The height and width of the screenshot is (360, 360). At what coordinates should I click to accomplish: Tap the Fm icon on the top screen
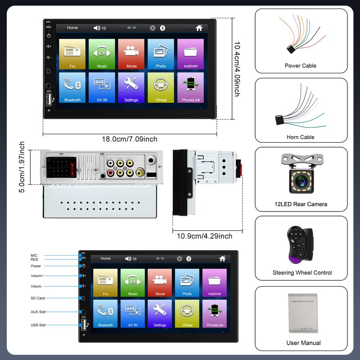tap(72, 54)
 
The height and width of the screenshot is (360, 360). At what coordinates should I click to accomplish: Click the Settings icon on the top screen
tap(131, 87)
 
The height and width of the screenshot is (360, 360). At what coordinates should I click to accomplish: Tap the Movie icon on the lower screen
tap(160, 283)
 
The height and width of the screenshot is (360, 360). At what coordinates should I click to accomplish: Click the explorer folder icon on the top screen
tap(191, 54)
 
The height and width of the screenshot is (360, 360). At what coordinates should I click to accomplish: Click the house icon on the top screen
tap(199, 28)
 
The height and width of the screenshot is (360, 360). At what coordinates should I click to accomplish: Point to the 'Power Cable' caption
tap(301, 66)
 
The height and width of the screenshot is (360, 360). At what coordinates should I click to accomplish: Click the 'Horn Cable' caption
tap(301, 137)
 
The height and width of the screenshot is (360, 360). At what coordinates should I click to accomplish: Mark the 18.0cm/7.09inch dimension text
tap(130, 139)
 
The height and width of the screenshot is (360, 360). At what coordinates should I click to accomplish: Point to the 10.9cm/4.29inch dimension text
tap(204, 236)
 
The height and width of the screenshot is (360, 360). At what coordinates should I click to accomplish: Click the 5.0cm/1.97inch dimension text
tap(22, 167)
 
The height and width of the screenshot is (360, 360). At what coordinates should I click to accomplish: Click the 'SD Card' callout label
tap(37, 298)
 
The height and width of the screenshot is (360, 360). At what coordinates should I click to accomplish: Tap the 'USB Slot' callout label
tap(38, 325)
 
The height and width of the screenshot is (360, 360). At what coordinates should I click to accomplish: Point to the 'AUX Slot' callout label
tap(38, 312)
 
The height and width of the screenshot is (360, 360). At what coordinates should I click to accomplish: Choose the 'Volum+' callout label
tap(37, 275)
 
